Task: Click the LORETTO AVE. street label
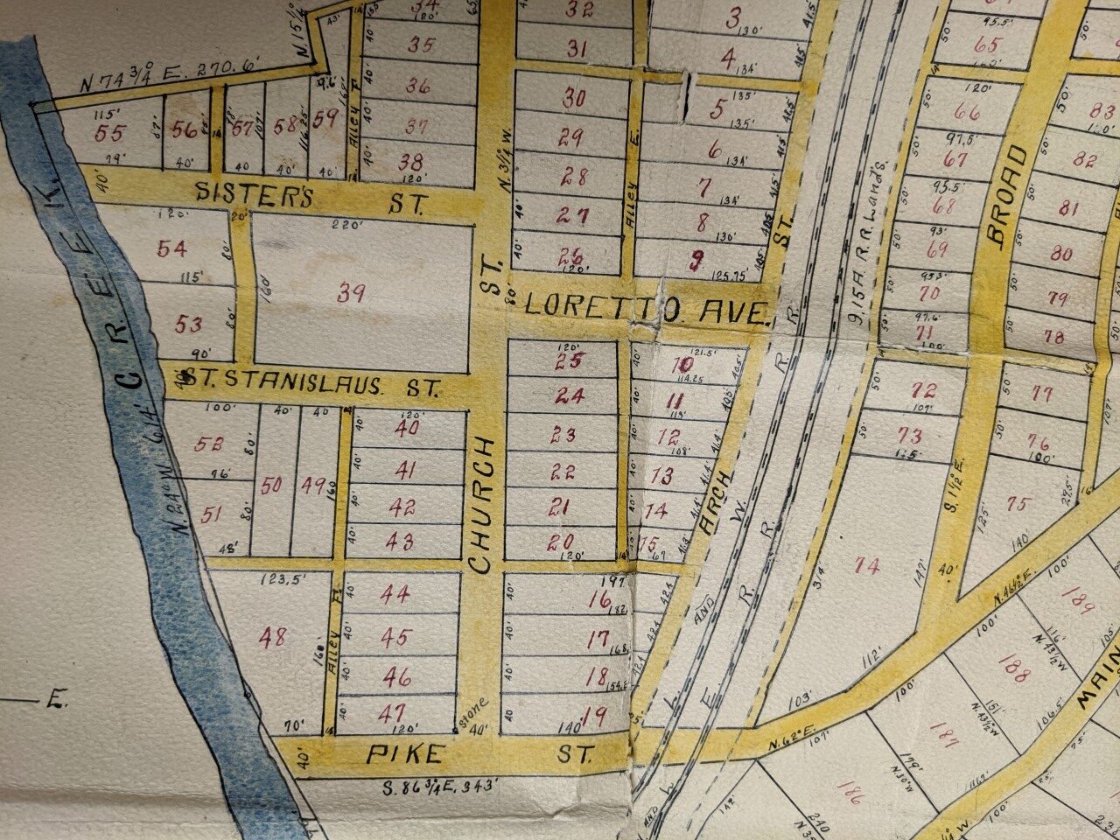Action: click(647, 308)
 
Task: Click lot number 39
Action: click(351, 293)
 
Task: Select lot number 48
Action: click(272, 637)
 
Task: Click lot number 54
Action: click(172, 248)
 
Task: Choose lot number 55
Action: click(111, 132)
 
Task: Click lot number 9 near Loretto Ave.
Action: click(696, 258)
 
